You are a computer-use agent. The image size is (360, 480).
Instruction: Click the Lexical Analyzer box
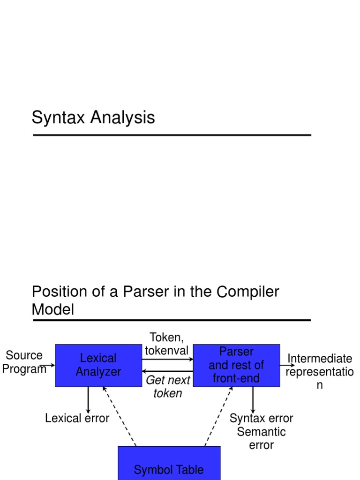(98, 365)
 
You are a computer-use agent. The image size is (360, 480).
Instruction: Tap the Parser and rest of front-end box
(236, 365)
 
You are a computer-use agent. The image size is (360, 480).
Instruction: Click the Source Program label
(24, 362)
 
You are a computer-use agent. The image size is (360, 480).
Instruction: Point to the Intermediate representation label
(319, 372)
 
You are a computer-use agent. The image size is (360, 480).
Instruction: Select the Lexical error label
(77, 418)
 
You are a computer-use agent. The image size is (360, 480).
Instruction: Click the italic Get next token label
(168, 387)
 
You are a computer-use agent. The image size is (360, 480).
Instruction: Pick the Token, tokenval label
(166, 344)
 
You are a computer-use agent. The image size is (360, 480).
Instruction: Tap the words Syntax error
(261, 418)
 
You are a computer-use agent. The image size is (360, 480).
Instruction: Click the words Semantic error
(261, 438)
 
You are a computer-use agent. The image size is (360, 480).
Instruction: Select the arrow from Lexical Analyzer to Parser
(167, 359)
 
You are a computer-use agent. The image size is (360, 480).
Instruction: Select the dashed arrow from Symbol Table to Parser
(218, 416)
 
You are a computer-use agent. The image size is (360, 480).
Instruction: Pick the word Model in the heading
(52, 309)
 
